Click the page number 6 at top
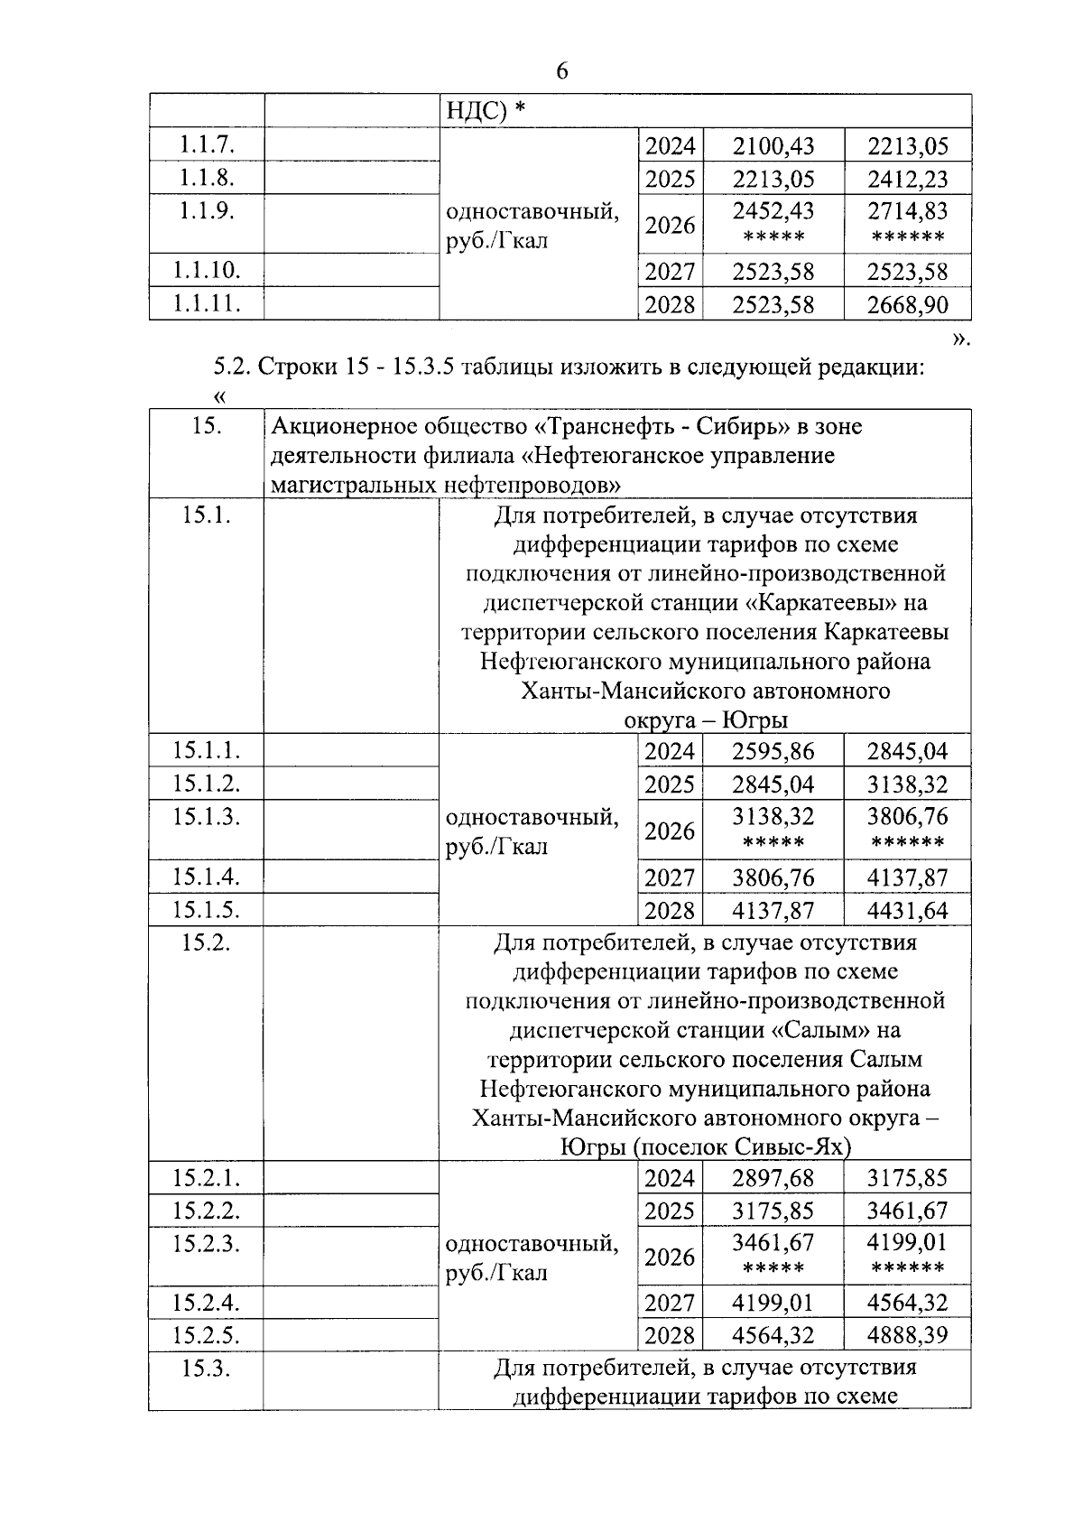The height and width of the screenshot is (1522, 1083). pos(561,71)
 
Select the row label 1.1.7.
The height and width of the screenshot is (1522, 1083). pos(206,144)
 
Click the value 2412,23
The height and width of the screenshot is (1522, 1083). pos(907,179)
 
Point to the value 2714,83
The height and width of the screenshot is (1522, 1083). pos(907,211)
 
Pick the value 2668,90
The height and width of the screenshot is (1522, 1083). pos(907,305)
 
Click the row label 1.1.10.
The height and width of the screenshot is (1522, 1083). pos(206,270)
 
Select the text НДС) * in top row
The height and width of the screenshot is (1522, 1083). pos(486,111)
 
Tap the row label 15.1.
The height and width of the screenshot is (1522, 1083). pos(206,515)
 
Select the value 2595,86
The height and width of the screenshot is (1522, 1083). pos(773,751)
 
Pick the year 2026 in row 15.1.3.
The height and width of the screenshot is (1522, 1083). pos(670,831)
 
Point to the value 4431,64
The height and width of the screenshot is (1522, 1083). pos(907,911)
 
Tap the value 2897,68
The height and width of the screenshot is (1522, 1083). pos(773,1178)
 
